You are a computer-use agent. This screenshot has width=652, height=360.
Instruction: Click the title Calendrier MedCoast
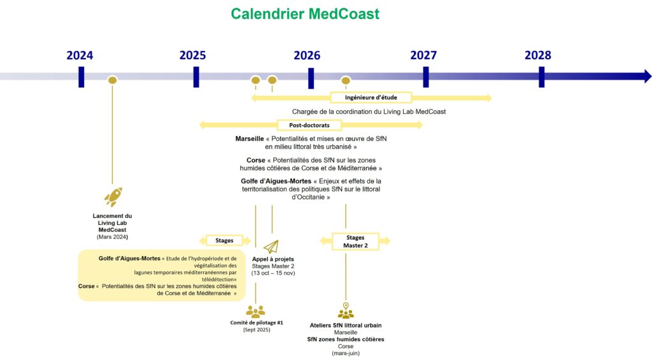click(x=305, y=13)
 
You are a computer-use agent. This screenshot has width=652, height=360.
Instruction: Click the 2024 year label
click(x=80, y=55)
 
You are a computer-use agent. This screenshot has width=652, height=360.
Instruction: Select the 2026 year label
click(x=307, y=55)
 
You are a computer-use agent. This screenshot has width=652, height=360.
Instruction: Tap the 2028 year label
click(x=537, y=55)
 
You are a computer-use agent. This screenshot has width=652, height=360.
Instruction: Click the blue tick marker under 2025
click(x=196, y=77)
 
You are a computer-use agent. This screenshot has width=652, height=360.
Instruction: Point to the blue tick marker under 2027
click(x=425, y=77)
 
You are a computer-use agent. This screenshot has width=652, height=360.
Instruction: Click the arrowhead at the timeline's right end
click(x=647, y=76)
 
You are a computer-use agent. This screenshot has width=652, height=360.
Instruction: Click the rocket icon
click(x=113, y=198)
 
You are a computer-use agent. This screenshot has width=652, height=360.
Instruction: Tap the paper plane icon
click(x=272, y=247)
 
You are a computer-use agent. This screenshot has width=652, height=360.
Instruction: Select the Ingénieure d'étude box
click(x=371, y=97)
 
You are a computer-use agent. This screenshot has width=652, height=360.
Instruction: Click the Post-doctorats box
click(x=309, y=126)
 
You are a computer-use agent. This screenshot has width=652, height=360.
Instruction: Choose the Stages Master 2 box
click(x=355, y=241)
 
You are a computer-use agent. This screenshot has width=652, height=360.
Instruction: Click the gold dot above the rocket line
click(x=113, y=80)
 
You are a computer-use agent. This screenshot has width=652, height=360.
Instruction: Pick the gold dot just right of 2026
click(x=346, y=80)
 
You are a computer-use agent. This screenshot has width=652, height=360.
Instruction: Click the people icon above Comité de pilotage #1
click(x=255, y=312)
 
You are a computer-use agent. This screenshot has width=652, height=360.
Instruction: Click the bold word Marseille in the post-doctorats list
click(x=250, y=138)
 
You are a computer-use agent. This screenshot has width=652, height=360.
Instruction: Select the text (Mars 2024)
click(x=113, y=237)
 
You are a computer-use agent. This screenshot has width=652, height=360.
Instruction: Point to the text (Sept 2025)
click(x=256, y=330)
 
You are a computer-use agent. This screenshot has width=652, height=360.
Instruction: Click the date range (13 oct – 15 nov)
click(x=273, y=273)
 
